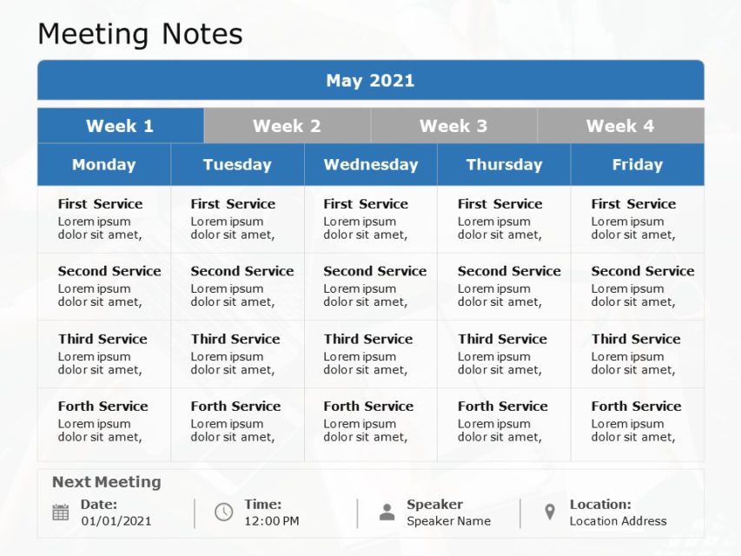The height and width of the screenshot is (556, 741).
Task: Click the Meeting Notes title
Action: pyautogui.click(x=140, y=34)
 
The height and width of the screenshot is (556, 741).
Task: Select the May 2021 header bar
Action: pyautogui.click(x=370, y=81)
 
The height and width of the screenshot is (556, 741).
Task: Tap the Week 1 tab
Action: pyautogui.click(x=120, y=126)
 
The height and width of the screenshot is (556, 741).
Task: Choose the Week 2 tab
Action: pyautogui.click(x=287, y=126)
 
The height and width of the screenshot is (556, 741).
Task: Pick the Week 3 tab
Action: pyautogui.click(x=453, y=126)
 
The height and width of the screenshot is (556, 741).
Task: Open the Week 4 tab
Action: pyautogui.click(x=620, y=126)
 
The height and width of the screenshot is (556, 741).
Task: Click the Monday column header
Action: pyautogui.click(x=103, y=164)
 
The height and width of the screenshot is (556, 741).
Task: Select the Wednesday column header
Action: pyautogui.click(x=370, y=164)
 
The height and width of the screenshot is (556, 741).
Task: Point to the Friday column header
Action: pyautogui.click(x=637, y=164)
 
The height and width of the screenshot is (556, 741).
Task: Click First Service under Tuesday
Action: pyautogui.click(x=233, y=204)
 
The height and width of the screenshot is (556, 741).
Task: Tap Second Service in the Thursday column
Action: pyautogui.click(x=509, y=271)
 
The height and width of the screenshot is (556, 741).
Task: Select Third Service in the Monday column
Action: pyautogui.click(x=103, y=339)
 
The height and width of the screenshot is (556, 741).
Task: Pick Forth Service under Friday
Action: pyautogui.click(x=636, y=406)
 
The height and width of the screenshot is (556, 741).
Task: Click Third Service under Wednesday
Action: pyautogui.click(x=368, y=339)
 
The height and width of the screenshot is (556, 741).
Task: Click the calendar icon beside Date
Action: pyautogui.click(x=61, y=513)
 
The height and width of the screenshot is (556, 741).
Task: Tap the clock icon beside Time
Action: pyautogui.click(x=223, y=512)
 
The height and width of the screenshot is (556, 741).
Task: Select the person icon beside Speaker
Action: pyautogui.click(x=387, y=513)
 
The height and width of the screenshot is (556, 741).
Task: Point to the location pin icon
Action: pyautogui.click(x=549, y=513)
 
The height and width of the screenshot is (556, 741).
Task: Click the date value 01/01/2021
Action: pyautogui.click(x=116, y=521)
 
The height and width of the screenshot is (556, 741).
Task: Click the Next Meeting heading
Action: pyautogui.click(x=106, y=482)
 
